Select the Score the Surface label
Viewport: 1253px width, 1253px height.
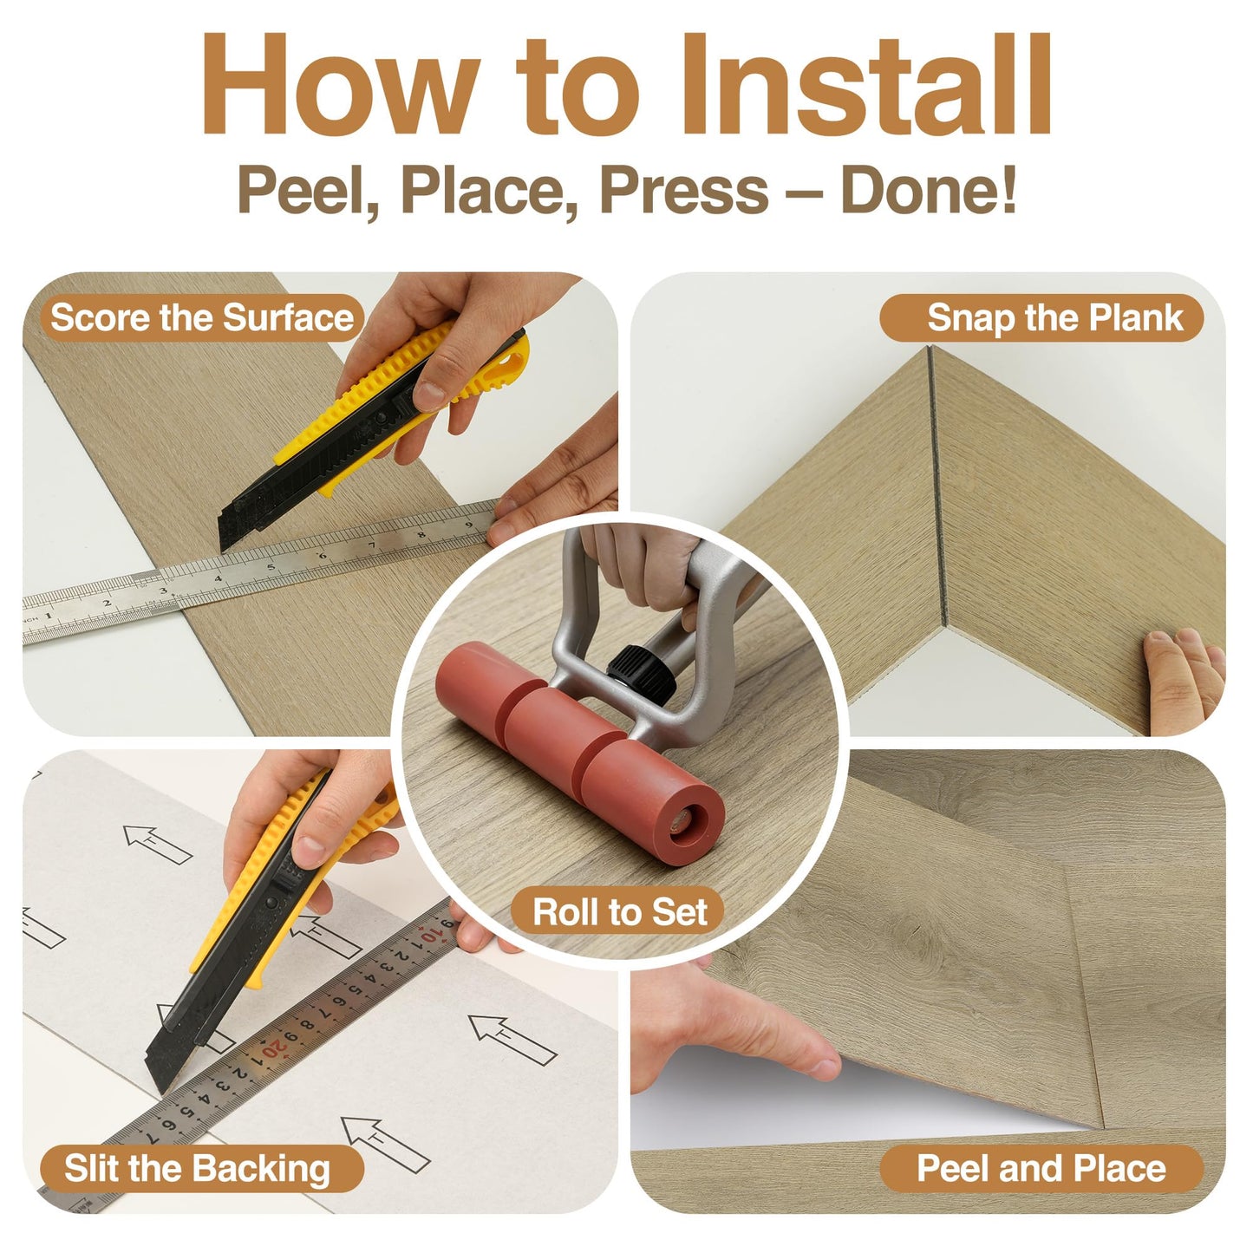[202, 318]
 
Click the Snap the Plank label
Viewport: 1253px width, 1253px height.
[1041, 318]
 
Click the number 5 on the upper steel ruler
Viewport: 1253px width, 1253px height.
[271, 566]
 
